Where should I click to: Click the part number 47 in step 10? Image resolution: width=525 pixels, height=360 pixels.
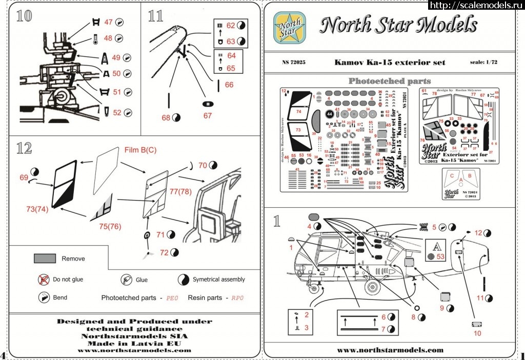pyautogui.click(x=108, y=22)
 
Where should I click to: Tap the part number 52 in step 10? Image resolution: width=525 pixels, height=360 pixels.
pyautogui.click(x=117, y=113)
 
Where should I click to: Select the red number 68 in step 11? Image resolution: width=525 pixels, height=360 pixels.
pyautogui.click(x=166, y=117)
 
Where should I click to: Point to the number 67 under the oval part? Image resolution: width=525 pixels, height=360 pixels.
pyautogui.click(x=207, y=116)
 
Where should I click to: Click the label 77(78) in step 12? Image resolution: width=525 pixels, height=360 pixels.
pyautogui.click(x=181, y=192)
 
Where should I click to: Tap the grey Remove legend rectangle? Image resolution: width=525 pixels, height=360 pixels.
pyautogui.click(x=45, y=258)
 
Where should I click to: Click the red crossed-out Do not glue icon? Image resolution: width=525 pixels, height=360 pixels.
pyautogui.click(x=43, y=279)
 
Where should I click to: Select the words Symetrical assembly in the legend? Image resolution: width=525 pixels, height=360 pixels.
pyautogui.click(x=219, y=279)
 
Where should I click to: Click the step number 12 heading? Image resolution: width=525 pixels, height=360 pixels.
pyautogui.click(x=24, y=149)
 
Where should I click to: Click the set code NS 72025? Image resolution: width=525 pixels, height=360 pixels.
pyautogui.click(x=294, y=63)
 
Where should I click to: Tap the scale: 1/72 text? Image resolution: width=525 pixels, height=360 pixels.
pyautogui.click(x=487, y=63)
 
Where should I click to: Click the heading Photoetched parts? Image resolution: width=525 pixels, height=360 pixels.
pyautogui.click(x=390, y=81)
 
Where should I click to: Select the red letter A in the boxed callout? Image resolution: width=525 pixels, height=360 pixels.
pyautogui.click(x=434, y=245)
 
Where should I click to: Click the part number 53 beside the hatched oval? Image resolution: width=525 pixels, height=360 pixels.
pyautogui.click(x=441, y=256)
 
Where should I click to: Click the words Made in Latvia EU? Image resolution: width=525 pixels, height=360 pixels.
pyautogui.click(x=134, y=343)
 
